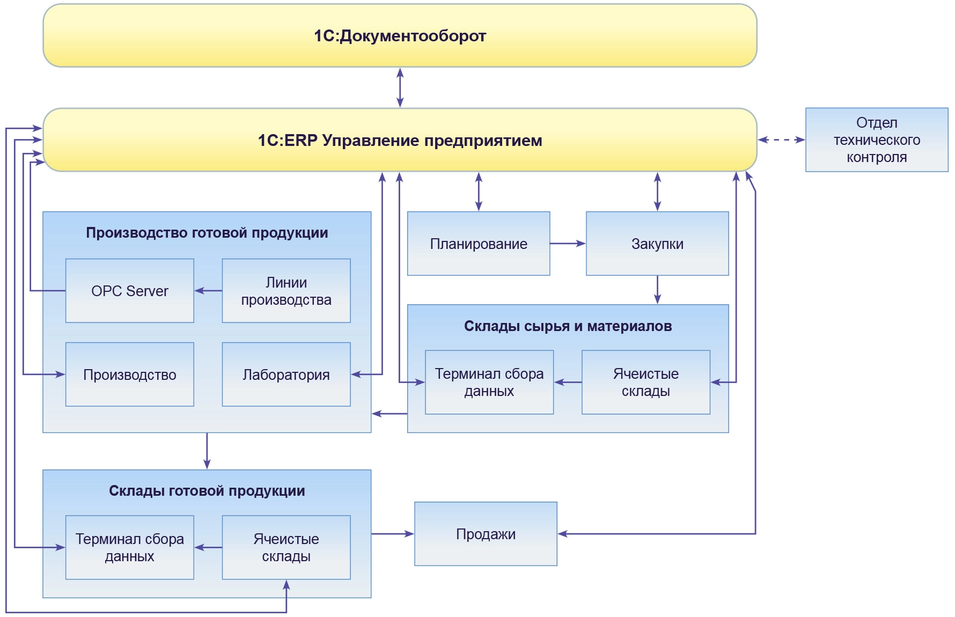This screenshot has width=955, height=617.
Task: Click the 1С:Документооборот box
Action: [400, 36]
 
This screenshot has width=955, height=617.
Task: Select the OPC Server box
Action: [129, 291]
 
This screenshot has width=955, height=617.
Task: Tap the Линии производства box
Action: [286, 291]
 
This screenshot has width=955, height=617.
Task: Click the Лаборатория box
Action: [286, 374]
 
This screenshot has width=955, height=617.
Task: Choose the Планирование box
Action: [479, 244]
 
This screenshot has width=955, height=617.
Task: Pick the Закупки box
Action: [657, 244]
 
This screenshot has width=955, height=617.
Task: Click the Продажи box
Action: [486, 534]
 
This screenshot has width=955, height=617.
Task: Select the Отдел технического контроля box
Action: [877, 139]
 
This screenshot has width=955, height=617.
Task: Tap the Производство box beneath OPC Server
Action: [129, 374]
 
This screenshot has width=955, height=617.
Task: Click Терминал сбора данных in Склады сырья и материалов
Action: [489, 382]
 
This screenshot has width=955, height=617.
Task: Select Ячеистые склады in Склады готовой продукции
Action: [286, 547]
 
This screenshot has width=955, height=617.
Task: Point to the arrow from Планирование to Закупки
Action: [568, 244]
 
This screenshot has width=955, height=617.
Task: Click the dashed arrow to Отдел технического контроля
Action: [781, 140]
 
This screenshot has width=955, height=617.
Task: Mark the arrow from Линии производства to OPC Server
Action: [208, 291]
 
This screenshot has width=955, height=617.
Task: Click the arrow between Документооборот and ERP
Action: [400, 87]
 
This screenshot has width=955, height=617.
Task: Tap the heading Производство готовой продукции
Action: [207, 233]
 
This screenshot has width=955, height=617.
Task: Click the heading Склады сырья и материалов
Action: [568, 326]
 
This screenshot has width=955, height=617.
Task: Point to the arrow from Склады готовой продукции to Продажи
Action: [392, 534]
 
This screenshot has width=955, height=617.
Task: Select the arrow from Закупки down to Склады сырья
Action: [657, 290]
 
